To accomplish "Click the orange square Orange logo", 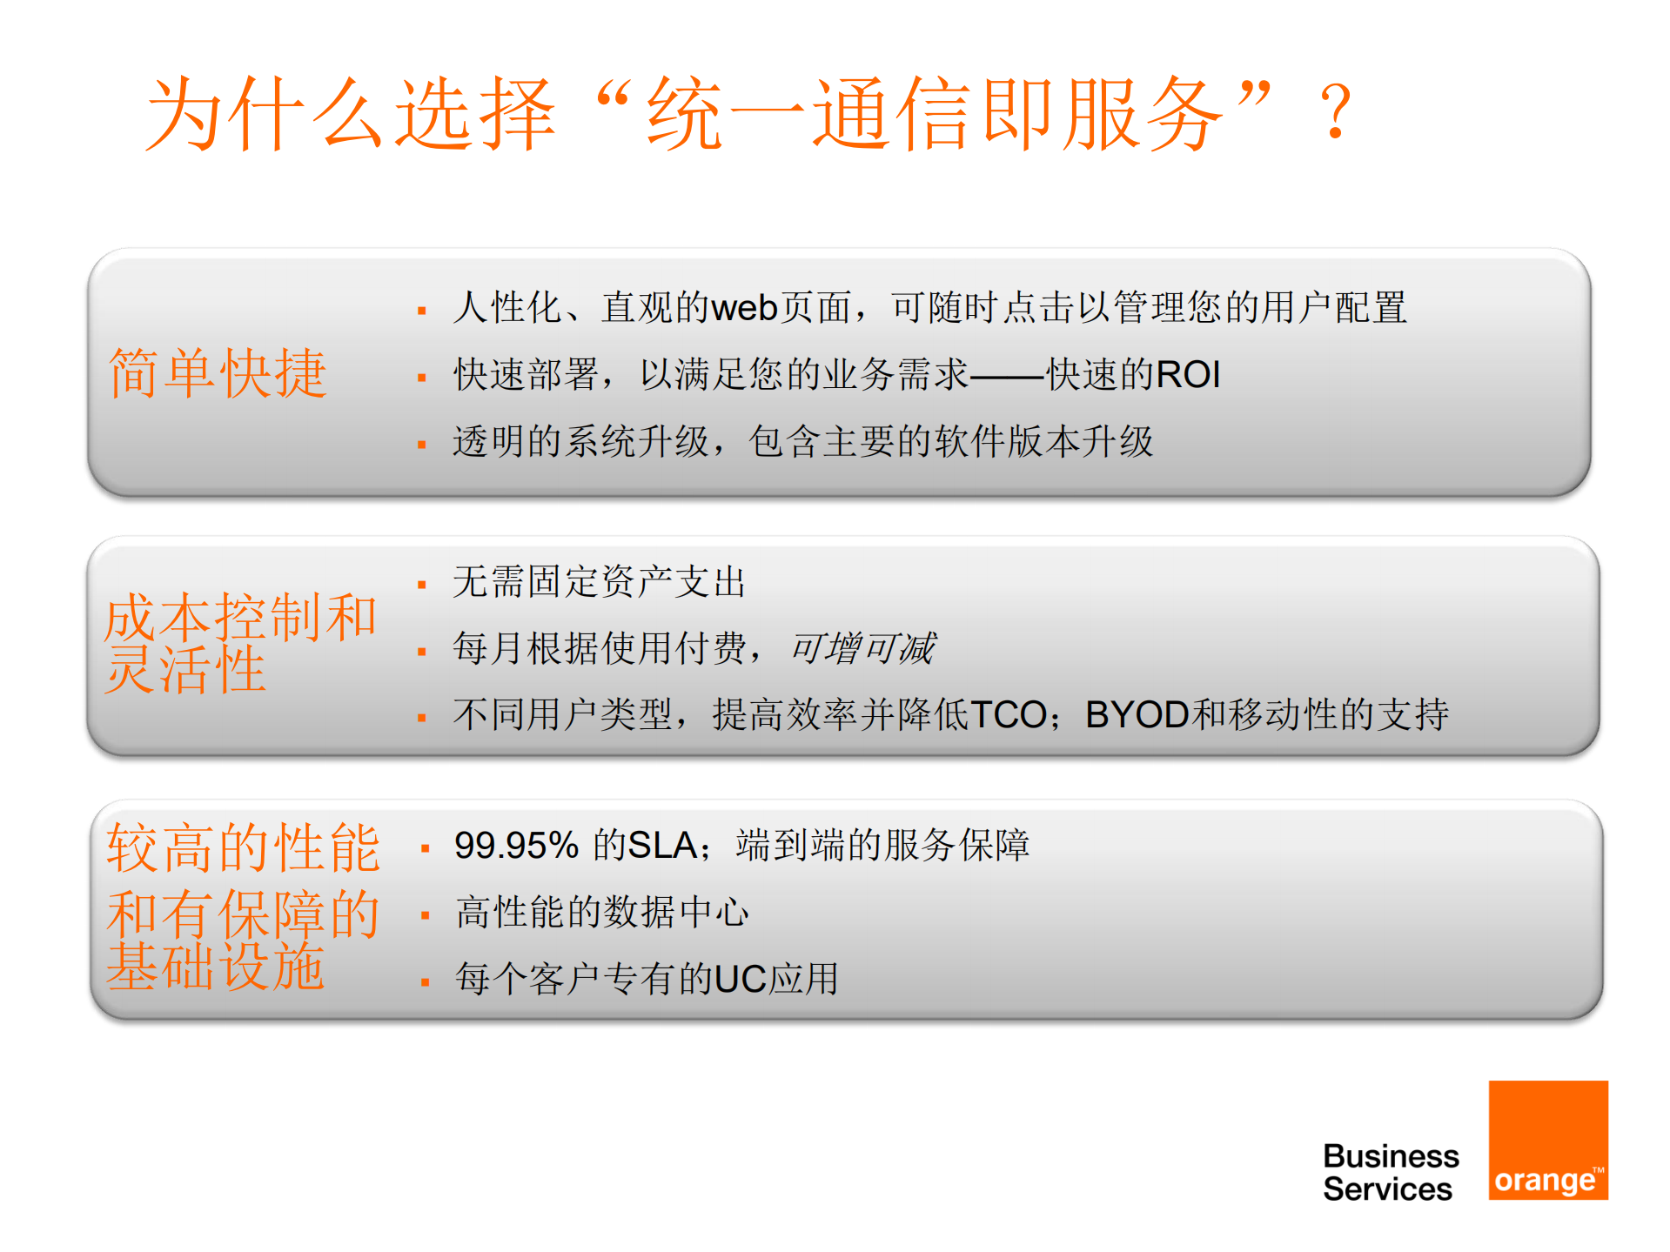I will click(1547, 1140).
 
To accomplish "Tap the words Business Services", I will click(1390, 1172).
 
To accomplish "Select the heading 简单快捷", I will click(218, 373).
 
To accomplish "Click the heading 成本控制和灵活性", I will click(239, 643).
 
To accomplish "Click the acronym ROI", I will click(1188, 375).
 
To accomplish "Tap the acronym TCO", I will click(1009, 715).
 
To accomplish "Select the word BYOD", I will click(1137, 715).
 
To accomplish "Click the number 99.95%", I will click(516, 846).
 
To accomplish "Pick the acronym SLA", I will click(662, 846).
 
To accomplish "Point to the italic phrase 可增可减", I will click(862, 648).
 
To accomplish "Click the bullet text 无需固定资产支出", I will click(599, 582).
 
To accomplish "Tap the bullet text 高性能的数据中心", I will click(601, 913).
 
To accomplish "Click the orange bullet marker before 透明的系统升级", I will click(422, 445).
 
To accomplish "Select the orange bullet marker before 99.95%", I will click(425, 848).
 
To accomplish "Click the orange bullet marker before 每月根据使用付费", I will click(422, 652).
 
